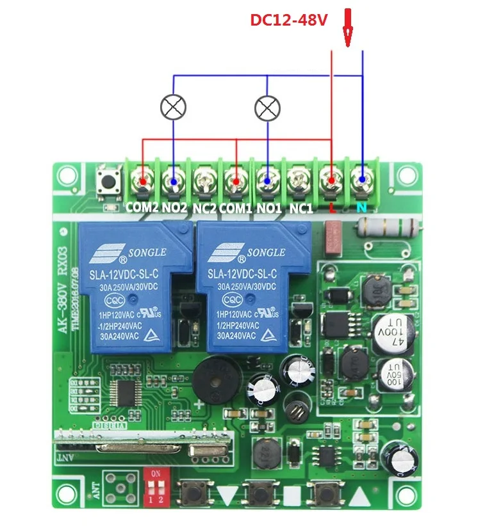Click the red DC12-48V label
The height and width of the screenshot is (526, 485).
[x=288, y=20]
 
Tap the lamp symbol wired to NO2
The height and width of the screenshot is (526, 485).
[x=173, y=108]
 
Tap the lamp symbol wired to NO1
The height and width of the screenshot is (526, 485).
[x=267, y=108]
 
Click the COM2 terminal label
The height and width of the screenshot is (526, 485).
[x=142, y=208]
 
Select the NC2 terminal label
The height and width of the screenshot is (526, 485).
[x=204, y=208]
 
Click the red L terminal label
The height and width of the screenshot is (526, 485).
[x=331, y=209]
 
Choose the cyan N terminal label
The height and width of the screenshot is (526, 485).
[x=361, y=209]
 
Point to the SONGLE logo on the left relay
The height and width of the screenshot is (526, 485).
[x=135, y=253]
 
